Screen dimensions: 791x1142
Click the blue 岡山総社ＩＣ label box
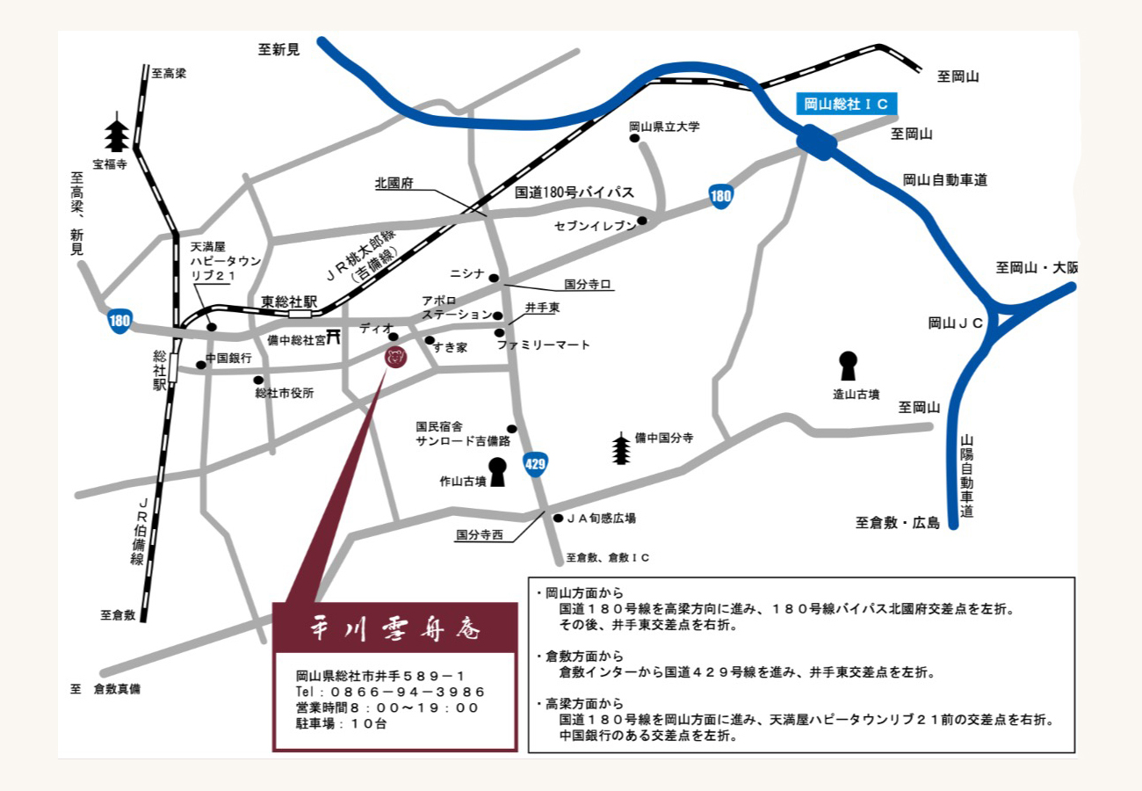(x=847, y=105)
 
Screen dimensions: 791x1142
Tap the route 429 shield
(x=535, y=463)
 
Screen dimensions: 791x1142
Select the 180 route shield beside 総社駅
(x=120, y=321)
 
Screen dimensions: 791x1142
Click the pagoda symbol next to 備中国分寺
(x=621, y=448)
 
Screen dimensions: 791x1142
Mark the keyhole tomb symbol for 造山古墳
(x=848, y=364)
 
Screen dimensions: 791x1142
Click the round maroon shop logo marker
(x=395, y=357)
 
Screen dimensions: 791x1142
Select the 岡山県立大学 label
(x=664, y=127)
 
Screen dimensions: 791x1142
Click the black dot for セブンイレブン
(x=642, y=221)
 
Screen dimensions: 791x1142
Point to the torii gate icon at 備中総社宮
(x=334, y=338)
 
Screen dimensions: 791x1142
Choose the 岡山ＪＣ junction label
(x=956, y=323)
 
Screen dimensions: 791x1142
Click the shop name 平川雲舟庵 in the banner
(x=394, y=629)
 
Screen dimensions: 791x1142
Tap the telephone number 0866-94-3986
(x=390, y=692)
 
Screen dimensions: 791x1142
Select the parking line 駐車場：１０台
(x=342, y=724)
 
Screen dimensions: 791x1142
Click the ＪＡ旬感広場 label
(x=601, y=519)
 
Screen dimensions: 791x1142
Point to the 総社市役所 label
(x=285, y=394)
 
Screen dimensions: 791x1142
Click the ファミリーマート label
(x=544, y=345)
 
